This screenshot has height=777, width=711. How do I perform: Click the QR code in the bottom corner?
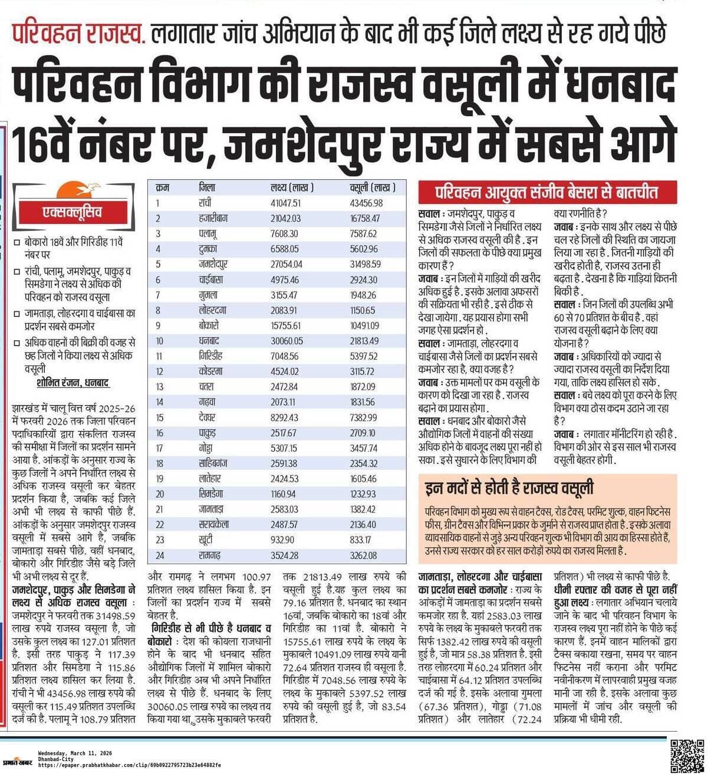pos(687,755)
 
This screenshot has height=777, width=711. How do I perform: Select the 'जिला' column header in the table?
pos(207,187)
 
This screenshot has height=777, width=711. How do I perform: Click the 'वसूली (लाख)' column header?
pos(369,187)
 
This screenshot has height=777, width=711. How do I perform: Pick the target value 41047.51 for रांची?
pos(285,203)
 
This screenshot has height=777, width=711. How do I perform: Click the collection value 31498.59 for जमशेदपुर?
pos(365,264)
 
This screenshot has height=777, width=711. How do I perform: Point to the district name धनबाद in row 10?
pos(209,341)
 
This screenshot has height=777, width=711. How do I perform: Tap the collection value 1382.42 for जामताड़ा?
pos(363,509)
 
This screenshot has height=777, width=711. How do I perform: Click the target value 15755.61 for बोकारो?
pos(285,325)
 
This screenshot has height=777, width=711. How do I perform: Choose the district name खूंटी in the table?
pos(206,540)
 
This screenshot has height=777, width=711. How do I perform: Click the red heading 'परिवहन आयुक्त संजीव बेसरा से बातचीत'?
pos(547,192)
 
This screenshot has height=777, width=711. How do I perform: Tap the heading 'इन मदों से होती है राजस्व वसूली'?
pos(509,488)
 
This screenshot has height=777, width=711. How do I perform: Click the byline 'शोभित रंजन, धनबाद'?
pos(73,383)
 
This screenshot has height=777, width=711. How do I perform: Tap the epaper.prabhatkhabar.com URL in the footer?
pos(129,765)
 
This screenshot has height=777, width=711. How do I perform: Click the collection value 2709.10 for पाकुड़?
pos(363,433)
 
